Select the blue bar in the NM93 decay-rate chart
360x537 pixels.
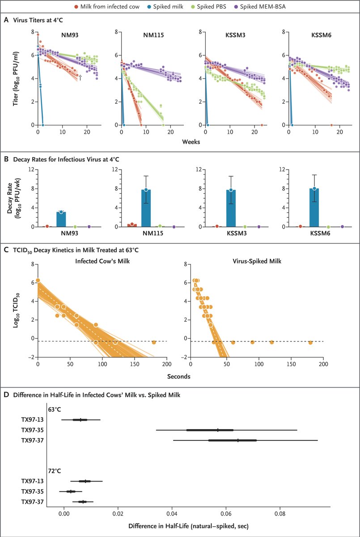click(x=61, y=219)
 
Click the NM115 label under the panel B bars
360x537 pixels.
click(x=146, y=234)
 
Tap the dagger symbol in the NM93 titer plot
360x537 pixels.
click(x=80, y=77)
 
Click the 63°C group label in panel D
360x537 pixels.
click(x=55, y=409)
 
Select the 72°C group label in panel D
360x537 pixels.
click(x=55, y=471)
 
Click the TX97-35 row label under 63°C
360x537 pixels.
click(x=32, y=430)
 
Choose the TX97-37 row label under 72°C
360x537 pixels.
click(x=32, y=502)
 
